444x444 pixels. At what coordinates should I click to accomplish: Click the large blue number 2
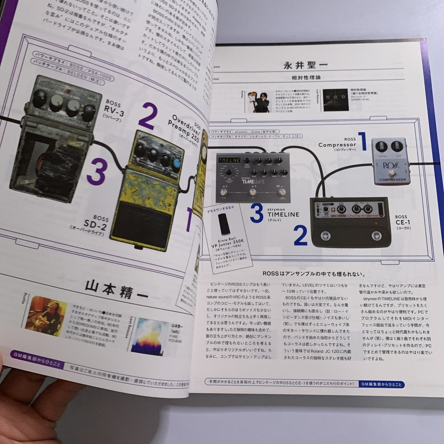coord(300,236)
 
